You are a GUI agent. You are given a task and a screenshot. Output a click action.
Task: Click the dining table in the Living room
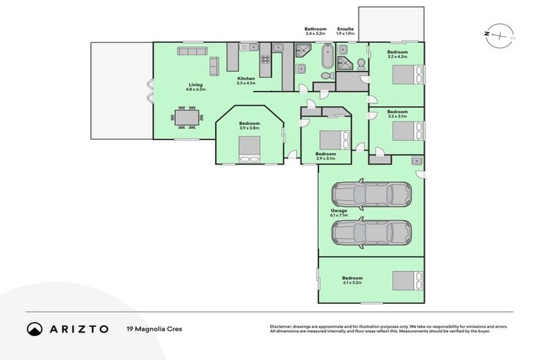187,117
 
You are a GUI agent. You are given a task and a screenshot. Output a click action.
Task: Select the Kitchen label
245,78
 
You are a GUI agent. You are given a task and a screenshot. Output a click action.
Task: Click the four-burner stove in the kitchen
266,60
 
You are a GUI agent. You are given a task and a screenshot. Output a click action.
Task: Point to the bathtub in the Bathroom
327,56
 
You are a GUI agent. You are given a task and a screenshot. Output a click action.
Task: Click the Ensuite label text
345,29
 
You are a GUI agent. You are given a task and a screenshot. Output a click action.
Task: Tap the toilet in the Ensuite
360,64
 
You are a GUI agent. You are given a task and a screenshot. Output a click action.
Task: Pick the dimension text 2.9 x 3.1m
326,159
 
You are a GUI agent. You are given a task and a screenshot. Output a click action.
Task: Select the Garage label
339,210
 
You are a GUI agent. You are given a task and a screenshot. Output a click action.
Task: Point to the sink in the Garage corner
417,162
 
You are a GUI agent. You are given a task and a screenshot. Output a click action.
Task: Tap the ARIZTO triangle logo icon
34,328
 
